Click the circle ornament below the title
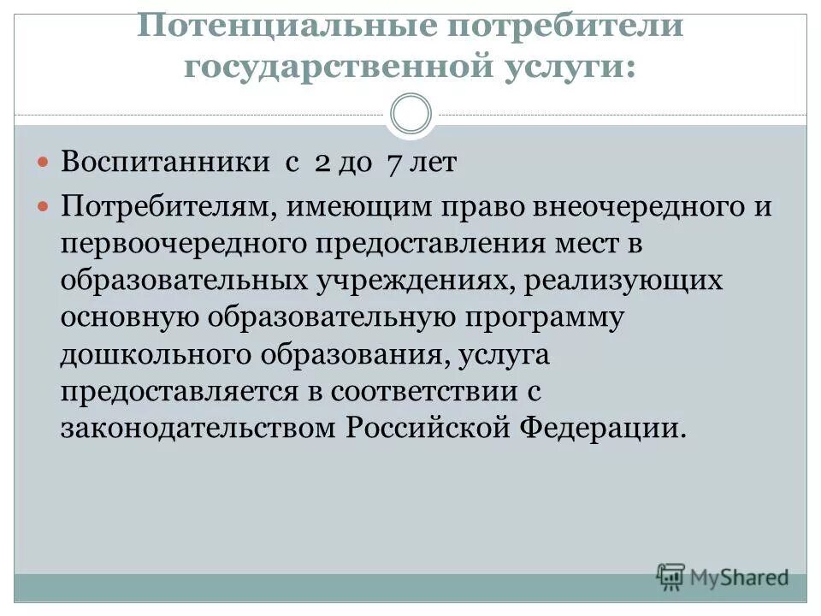410,114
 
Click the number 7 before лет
395,163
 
